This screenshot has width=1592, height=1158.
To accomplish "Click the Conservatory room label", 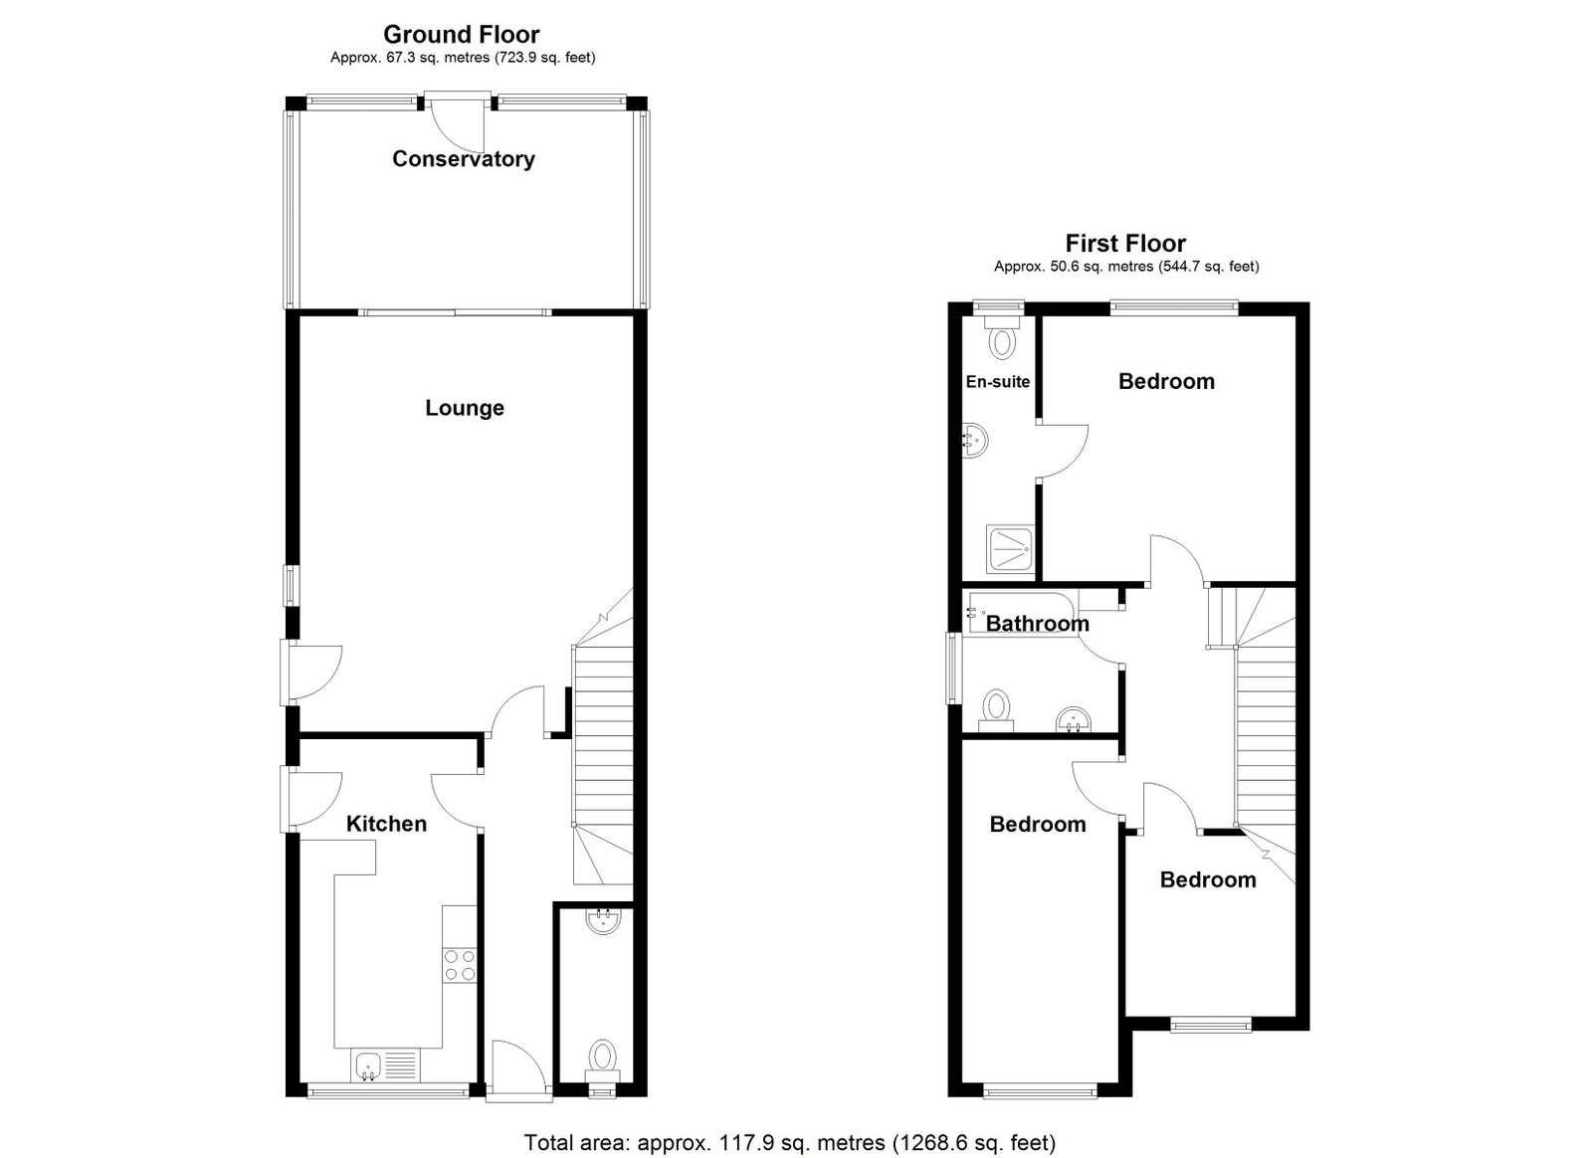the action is [x=464, y=158].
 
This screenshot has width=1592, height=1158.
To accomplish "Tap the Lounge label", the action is [x=465, y=408].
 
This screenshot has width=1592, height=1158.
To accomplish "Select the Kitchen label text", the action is [x=387, y=824].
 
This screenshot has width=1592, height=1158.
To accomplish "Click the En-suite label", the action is [x=998, y=381].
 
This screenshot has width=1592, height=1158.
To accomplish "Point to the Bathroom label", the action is [x=1038, y=623].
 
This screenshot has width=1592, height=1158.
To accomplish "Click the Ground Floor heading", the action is [x=462, y=34].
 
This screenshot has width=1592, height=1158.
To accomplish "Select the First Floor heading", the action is [x=1125, y=244].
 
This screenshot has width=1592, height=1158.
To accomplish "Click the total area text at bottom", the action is [x=790, y=1142].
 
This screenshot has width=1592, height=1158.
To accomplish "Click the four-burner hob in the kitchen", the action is [x=460, y=966].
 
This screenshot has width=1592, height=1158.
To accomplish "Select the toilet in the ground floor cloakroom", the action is [x=603, y=1060].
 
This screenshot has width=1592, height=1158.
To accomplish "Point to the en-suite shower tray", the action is [x=1010, y=549].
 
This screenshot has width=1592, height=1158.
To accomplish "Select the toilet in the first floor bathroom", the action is [x=996, y=710].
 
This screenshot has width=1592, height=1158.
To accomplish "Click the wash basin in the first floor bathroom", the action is [x=1074, y=719].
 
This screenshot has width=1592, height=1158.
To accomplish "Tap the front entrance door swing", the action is [x=518, y=1070].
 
